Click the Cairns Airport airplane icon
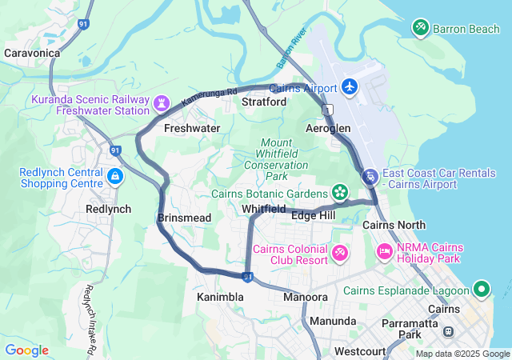350,86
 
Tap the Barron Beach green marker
420,28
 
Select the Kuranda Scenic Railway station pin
162,102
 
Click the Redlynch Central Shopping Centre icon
115,175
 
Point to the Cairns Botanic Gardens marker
341,193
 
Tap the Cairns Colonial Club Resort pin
341,254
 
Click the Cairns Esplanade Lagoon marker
482,288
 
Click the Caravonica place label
32,53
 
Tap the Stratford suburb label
264,102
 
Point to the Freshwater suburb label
192,128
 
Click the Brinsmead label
184,218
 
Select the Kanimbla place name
220,297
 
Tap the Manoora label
306,297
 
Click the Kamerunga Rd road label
210,98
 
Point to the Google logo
26,350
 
